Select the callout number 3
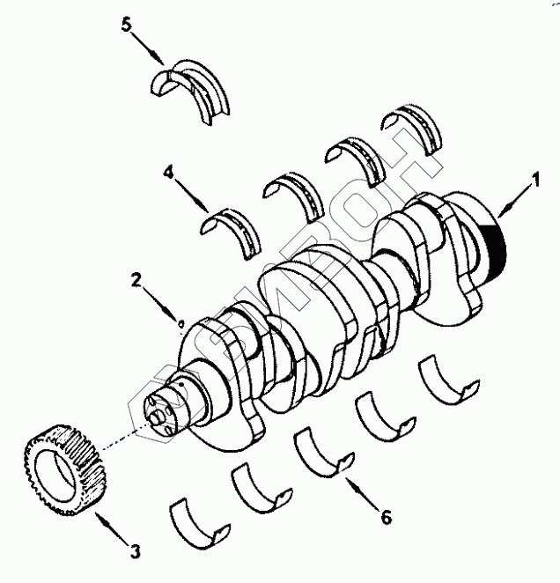pos(135,552)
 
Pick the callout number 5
pos(128,24)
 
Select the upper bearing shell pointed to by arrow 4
pos(233,225)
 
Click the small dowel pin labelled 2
pos(181,323)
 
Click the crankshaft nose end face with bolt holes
pos(160,411)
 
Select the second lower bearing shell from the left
pos(261,485)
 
